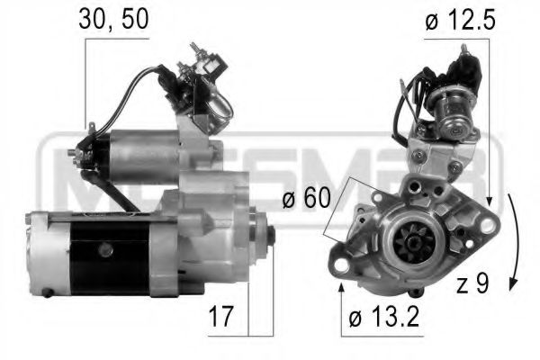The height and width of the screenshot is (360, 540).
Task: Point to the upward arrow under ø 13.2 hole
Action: [342, 290]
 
